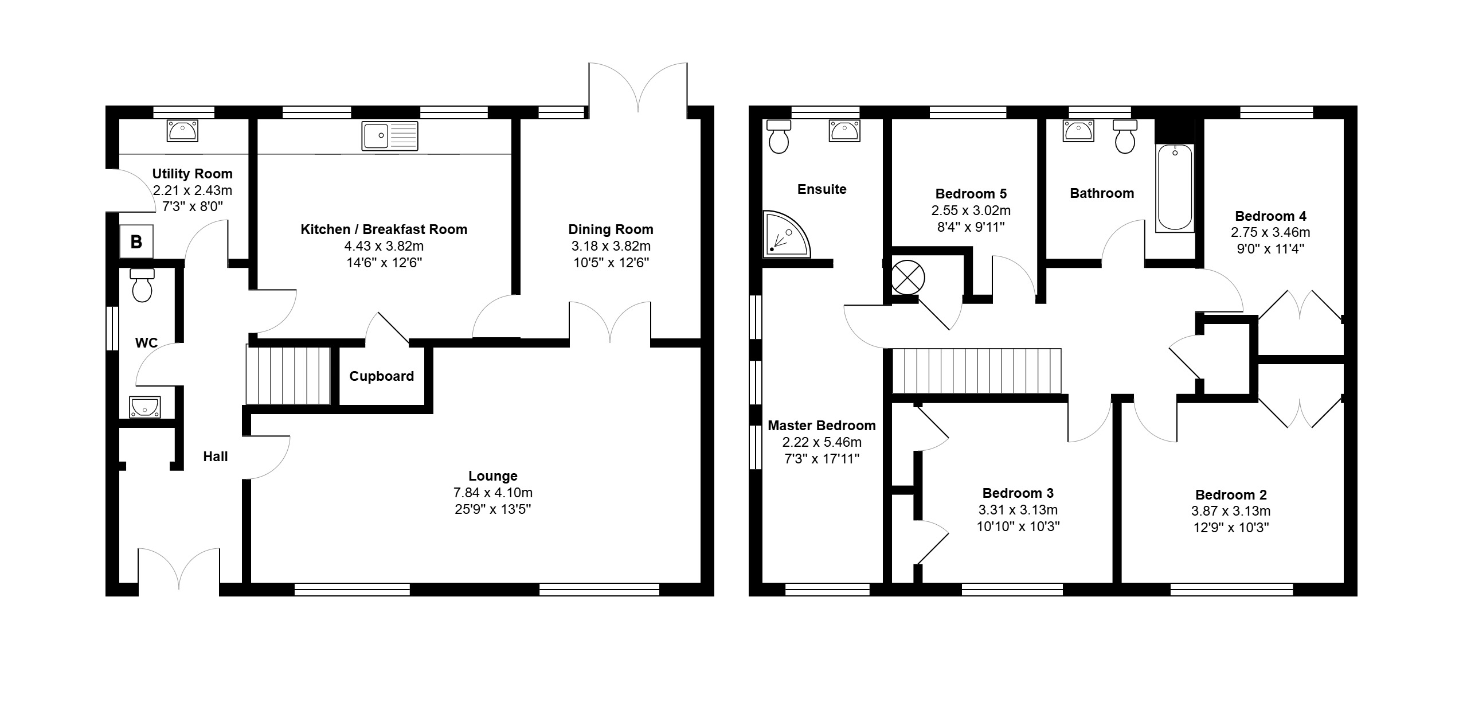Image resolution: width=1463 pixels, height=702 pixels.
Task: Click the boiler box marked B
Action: [136, 241]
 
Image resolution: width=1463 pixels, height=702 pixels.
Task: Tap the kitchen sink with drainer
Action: [390, 136]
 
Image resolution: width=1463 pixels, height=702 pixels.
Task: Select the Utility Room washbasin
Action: [182, 131]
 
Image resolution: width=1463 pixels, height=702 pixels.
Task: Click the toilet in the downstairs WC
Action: [142, 285]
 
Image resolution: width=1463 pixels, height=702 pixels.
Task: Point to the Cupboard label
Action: [382, 376]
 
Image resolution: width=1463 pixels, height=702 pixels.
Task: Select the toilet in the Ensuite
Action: [779, 136]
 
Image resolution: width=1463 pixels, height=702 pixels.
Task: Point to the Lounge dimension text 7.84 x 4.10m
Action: [493, 493]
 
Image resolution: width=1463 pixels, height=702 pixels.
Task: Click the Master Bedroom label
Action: [822, 426]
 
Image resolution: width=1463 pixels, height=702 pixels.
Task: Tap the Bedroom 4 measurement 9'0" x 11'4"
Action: [1270, 249]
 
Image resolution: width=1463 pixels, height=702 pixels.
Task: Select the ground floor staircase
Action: [288, 374]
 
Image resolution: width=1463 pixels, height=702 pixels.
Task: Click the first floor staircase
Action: [976, 371]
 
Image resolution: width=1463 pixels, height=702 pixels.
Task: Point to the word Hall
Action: [216, 457]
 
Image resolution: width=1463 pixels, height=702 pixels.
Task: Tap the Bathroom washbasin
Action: [1078, 131]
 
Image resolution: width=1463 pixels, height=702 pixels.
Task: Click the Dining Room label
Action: [611, 229]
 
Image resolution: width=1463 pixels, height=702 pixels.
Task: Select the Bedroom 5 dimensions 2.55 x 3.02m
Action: [971, 210]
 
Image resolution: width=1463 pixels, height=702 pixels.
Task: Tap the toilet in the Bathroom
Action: [1125, 136]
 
